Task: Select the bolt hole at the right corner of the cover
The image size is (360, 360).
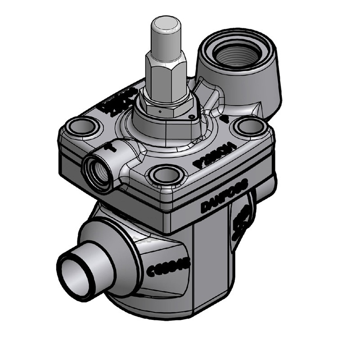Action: [x=251, y=126]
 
